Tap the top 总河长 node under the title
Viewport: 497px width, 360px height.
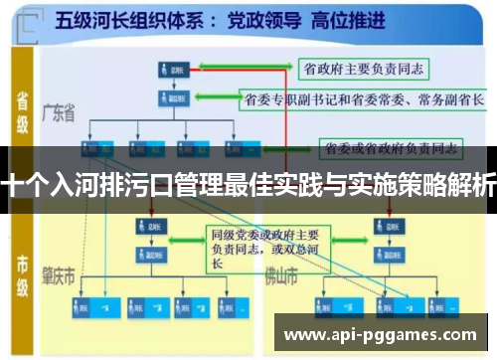172,70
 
